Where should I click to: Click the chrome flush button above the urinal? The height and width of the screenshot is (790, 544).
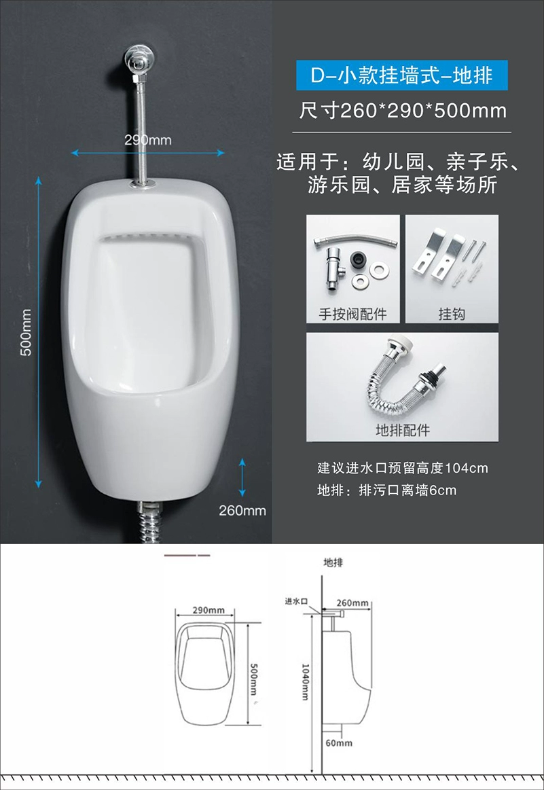click(x=139, y=58)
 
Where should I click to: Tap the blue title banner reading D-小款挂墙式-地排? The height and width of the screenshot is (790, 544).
click(x=401, y=75)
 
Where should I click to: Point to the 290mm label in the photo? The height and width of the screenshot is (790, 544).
click(x=148, y=139)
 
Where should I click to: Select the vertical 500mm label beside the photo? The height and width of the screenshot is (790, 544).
click(x=26, y=332)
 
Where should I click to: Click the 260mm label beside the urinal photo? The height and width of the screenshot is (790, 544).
click(x=242, y=510)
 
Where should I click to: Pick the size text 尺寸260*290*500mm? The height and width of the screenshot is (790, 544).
click(x=403, y=110)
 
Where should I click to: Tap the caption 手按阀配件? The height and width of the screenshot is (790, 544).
click(x=352, y=314)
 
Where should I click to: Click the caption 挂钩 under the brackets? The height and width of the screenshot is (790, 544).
click(x=452, y=314)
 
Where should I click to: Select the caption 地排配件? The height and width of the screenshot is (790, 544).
click(x=403, y=430)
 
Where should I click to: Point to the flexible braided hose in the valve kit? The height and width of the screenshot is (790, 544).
click(x=355, y=241)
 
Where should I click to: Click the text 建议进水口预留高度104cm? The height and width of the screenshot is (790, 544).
click(x=403, y=468)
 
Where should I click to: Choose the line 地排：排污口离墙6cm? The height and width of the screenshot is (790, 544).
click(x=387, y=490)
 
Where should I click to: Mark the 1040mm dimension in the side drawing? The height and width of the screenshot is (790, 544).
click(x=305, y=682)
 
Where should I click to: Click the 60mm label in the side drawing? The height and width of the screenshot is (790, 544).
click(x=339, y=742)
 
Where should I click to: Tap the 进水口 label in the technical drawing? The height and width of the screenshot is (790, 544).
click(x=296, y=600)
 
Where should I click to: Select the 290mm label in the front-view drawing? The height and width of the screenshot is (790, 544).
click(x=208, y=610)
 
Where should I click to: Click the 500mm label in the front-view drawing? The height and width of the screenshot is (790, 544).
click(x=254, y=679)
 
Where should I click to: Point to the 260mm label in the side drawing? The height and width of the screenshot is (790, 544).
click(x=352, y=603)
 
